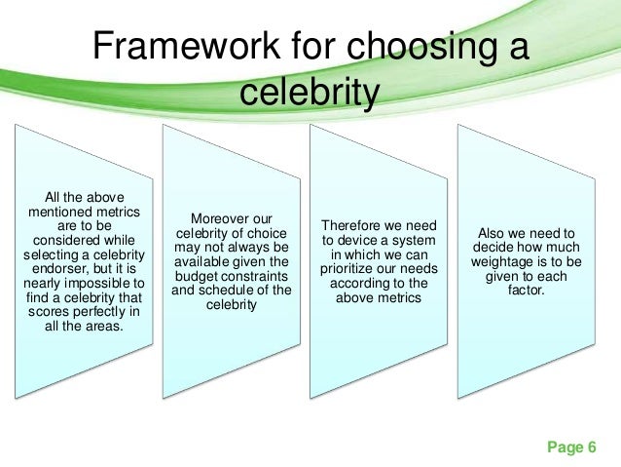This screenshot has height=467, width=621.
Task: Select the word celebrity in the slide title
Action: point(308,93)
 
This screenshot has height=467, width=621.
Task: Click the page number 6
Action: point(591,448)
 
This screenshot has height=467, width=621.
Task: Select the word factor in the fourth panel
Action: point(530,290)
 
